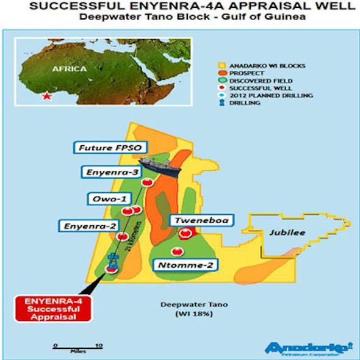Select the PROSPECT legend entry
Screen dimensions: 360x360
(x=244, y=73)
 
